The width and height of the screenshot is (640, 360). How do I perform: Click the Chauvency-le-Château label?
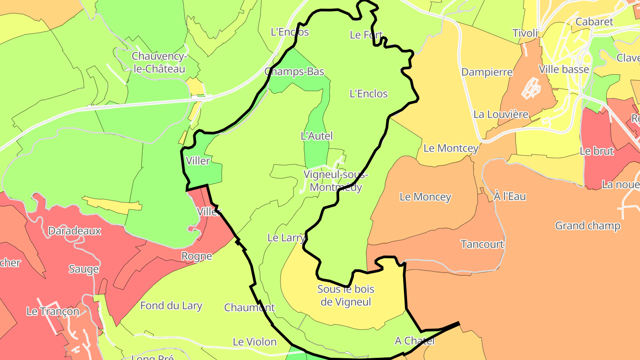point(158,63)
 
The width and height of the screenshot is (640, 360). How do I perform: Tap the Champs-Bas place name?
point(294,72)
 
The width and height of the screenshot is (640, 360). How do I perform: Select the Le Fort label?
point(366,35)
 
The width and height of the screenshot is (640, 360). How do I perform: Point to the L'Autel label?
point(317,136)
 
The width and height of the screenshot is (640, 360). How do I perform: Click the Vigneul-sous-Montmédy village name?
point(336,180)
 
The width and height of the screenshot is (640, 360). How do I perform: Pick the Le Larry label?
point(286,238)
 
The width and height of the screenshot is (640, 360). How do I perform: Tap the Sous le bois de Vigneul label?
point(346,296)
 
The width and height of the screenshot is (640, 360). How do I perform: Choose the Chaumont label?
point(249,308)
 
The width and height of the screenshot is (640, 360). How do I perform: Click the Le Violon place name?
point(255,342)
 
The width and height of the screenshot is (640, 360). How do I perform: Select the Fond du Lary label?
point(171,306)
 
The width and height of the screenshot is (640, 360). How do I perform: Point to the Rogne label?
point(196,256)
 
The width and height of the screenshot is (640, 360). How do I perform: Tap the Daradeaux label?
point(75,231)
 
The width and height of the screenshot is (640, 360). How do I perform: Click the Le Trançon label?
point(53,312)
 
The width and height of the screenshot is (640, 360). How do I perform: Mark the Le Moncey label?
point(425,197)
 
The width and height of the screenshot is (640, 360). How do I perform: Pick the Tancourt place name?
point(482,244)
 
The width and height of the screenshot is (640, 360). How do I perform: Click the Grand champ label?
point(588,226)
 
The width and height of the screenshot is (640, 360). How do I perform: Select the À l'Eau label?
point(510,196)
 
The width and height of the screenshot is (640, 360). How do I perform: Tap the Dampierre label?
point(487,72)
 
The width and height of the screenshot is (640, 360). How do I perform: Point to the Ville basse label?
point(564,69)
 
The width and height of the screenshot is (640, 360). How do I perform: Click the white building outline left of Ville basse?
point(531,88)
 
